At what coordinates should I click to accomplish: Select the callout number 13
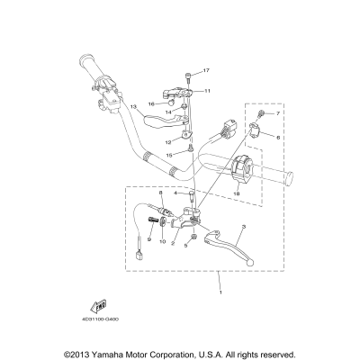pos(132,107)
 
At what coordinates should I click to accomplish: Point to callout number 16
pos(152,103)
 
